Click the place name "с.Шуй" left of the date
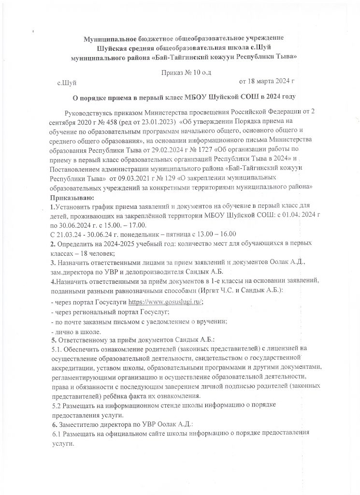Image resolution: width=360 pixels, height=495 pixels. click(67, 83)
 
